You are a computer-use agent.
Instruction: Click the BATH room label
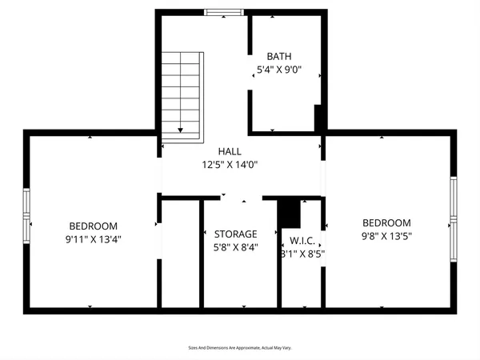coord(279,56)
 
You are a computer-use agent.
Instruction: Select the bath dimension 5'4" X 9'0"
coord(279,70)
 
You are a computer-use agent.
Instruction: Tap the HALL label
coord(230,151)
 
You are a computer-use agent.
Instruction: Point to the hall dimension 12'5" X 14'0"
coord(230,165)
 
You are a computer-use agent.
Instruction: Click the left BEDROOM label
coord(93,226)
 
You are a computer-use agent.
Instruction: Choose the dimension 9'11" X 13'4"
coord(93,238)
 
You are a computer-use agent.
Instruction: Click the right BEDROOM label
coord(386,223)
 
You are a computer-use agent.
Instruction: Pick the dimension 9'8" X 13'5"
coord(386,236)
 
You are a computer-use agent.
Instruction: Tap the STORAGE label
coord(236,234)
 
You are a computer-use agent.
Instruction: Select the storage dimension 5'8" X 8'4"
coord(236,247)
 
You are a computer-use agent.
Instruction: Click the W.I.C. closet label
coord(302,241)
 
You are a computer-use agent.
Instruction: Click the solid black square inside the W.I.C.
coord(288,213)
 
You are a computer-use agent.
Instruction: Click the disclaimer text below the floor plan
coord(240,348)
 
